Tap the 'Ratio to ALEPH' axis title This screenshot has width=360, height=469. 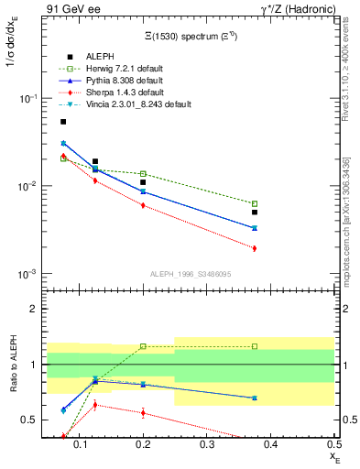tap(12, 365)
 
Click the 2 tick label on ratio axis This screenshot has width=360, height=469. tap(33, 309)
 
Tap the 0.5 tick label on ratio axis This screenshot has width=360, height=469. tap(29, 420)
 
